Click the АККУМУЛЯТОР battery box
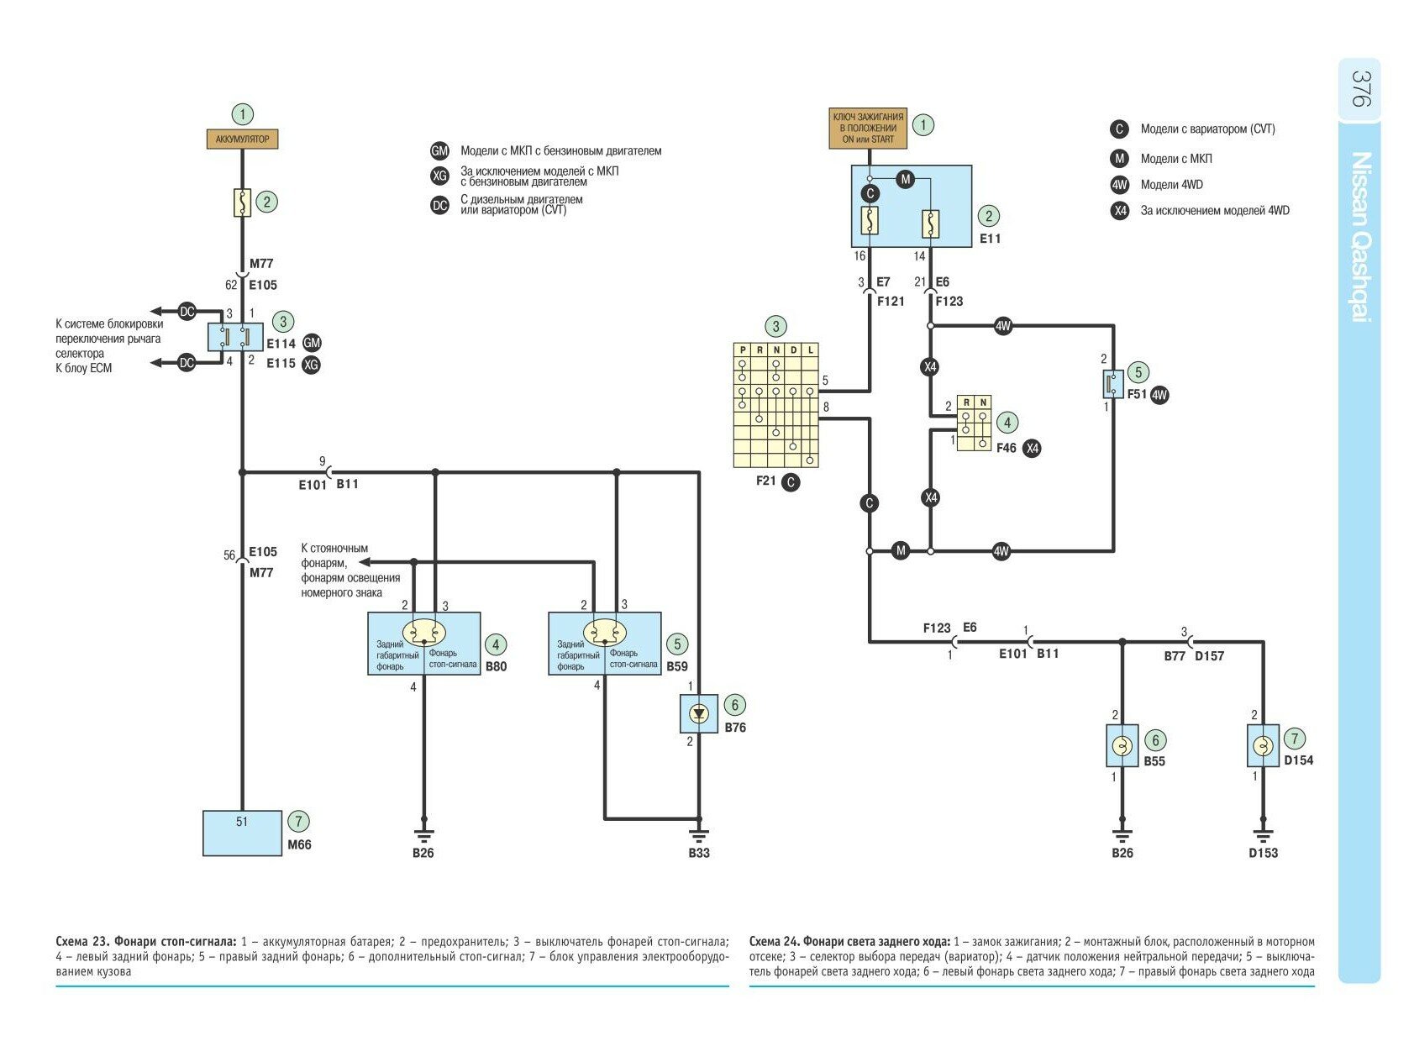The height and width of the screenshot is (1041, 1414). (242, 139)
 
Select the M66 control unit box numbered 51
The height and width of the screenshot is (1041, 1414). (242, 833)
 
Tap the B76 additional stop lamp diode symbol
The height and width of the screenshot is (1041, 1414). (698, 714)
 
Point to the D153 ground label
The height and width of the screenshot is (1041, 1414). (1262, 853)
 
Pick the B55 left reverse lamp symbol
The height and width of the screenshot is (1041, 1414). (1122, 745)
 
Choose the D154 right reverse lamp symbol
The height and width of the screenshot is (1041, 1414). (1262, 745)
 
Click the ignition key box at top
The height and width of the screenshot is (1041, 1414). (868, 128)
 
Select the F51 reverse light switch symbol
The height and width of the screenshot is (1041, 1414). (1112, 384)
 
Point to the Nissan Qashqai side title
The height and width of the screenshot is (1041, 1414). (1360, 235)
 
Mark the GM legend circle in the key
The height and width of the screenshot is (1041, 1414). (439, 151)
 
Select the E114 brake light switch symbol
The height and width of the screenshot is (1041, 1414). (235, 338)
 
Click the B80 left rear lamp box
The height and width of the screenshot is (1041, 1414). (423, 644)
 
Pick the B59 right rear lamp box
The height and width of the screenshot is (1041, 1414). (604, 644)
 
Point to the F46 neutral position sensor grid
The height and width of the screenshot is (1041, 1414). (974, 423)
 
